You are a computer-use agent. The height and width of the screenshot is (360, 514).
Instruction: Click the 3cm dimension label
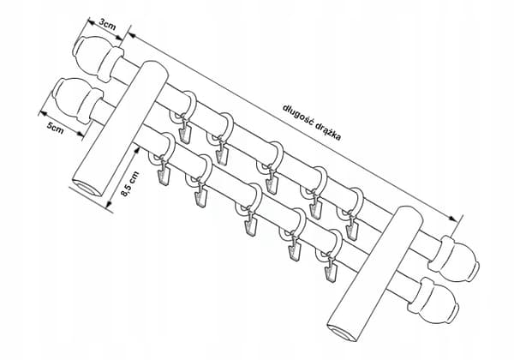click(x=107, y=24)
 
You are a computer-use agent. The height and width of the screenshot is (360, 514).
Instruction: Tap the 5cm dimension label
click(x=55, y=128)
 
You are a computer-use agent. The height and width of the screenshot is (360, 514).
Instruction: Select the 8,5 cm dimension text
click(x=129, y=184)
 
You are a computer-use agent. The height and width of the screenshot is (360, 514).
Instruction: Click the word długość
click(x=296, y=116)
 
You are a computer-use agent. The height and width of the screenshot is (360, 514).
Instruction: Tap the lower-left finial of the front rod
click(x=79, y=100)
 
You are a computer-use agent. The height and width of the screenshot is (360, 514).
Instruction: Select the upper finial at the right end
click(x=454, y=259)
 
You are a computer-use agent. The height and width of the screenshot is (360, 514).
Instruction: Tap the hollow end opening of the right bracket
click(x=344, y=333)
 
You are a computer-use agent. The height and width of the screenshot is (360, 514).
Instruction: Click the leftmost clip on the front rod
click(x=164, y=177)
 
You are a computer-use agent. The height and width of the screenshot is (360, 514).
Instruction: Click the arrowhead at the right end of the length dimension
click(x=452, y=218)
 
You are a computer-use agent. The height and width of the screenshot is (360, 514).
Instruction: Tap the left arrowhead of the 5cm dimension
click(x=43, y=113)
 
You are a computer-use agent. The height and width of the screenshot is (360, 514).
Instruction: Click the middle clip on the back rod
click(x=272, y=184)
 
